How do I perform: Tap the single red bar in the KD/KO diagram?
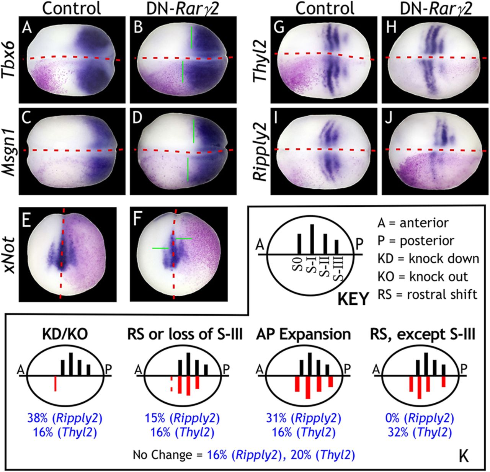coord(56,384)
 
